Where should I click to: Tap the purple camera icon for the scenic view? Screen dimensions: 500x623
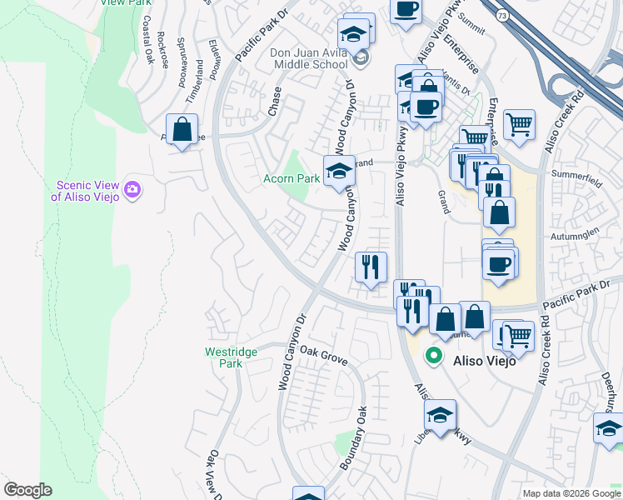coord(132,191)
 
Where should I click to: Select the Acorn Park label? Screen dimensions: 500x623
coord(292,178)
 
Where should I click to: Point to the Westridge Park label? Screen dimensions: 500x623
coord(231,357)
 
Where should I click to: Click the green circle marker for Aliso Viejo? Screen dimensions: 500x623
coord(433,356)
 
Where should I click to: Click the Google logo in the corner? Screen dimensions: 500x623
coord(27,490)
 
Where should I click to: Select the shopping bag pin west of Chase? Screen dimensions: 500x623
coord(182,130)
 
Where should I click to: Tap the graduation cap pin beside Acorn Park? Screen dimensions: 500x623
coord(339,171)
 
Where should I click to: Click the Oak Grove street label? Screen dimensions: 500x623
coord(323,356)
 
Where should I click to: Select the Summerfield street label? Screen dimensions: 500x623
coord(576,177)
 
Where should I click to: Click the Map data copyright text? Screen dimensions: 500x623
coord(571,493)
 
